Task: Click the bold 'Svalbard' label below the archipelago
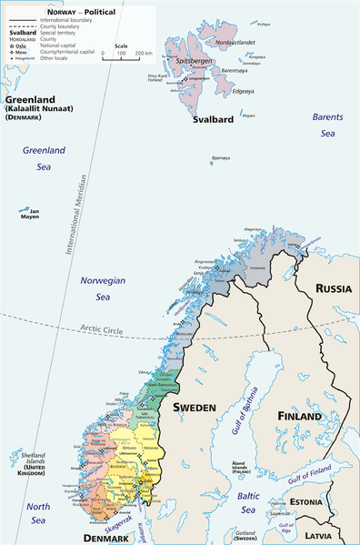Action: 214,119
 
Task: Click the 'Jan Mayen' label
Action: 29,217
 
